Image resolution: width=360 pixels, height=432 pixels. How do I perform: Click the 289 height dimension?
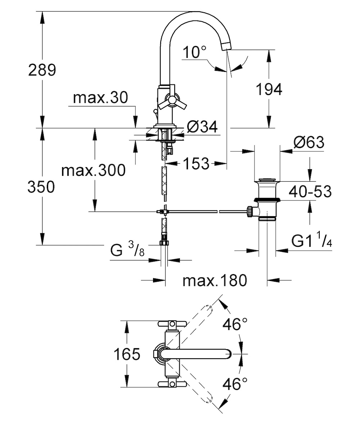42,70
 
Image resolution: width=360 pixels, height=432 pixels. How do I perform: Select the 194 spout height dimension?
269,89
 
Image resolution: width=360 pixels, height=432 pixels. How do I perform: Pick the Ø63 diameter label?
309,142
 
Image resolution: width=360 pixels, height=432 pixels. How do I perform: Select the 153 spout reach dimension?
196,163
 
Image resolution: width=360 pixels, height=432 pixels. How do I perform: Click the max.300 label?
93,170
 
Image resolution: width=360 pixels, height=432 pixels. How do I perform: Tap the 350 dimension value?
41,187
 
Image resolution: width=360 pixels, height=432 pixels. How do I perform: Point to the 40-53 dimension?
310,191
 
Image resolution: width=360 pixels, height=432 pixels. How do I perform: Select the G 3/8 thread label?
127,249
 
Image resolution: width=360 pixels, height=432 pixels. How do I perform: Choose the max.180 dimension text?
215,280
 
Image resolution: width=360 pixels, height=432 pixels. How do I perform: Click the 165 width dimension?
127,354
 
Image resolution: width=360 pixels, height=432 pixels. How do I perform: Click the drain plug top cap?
267,179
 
